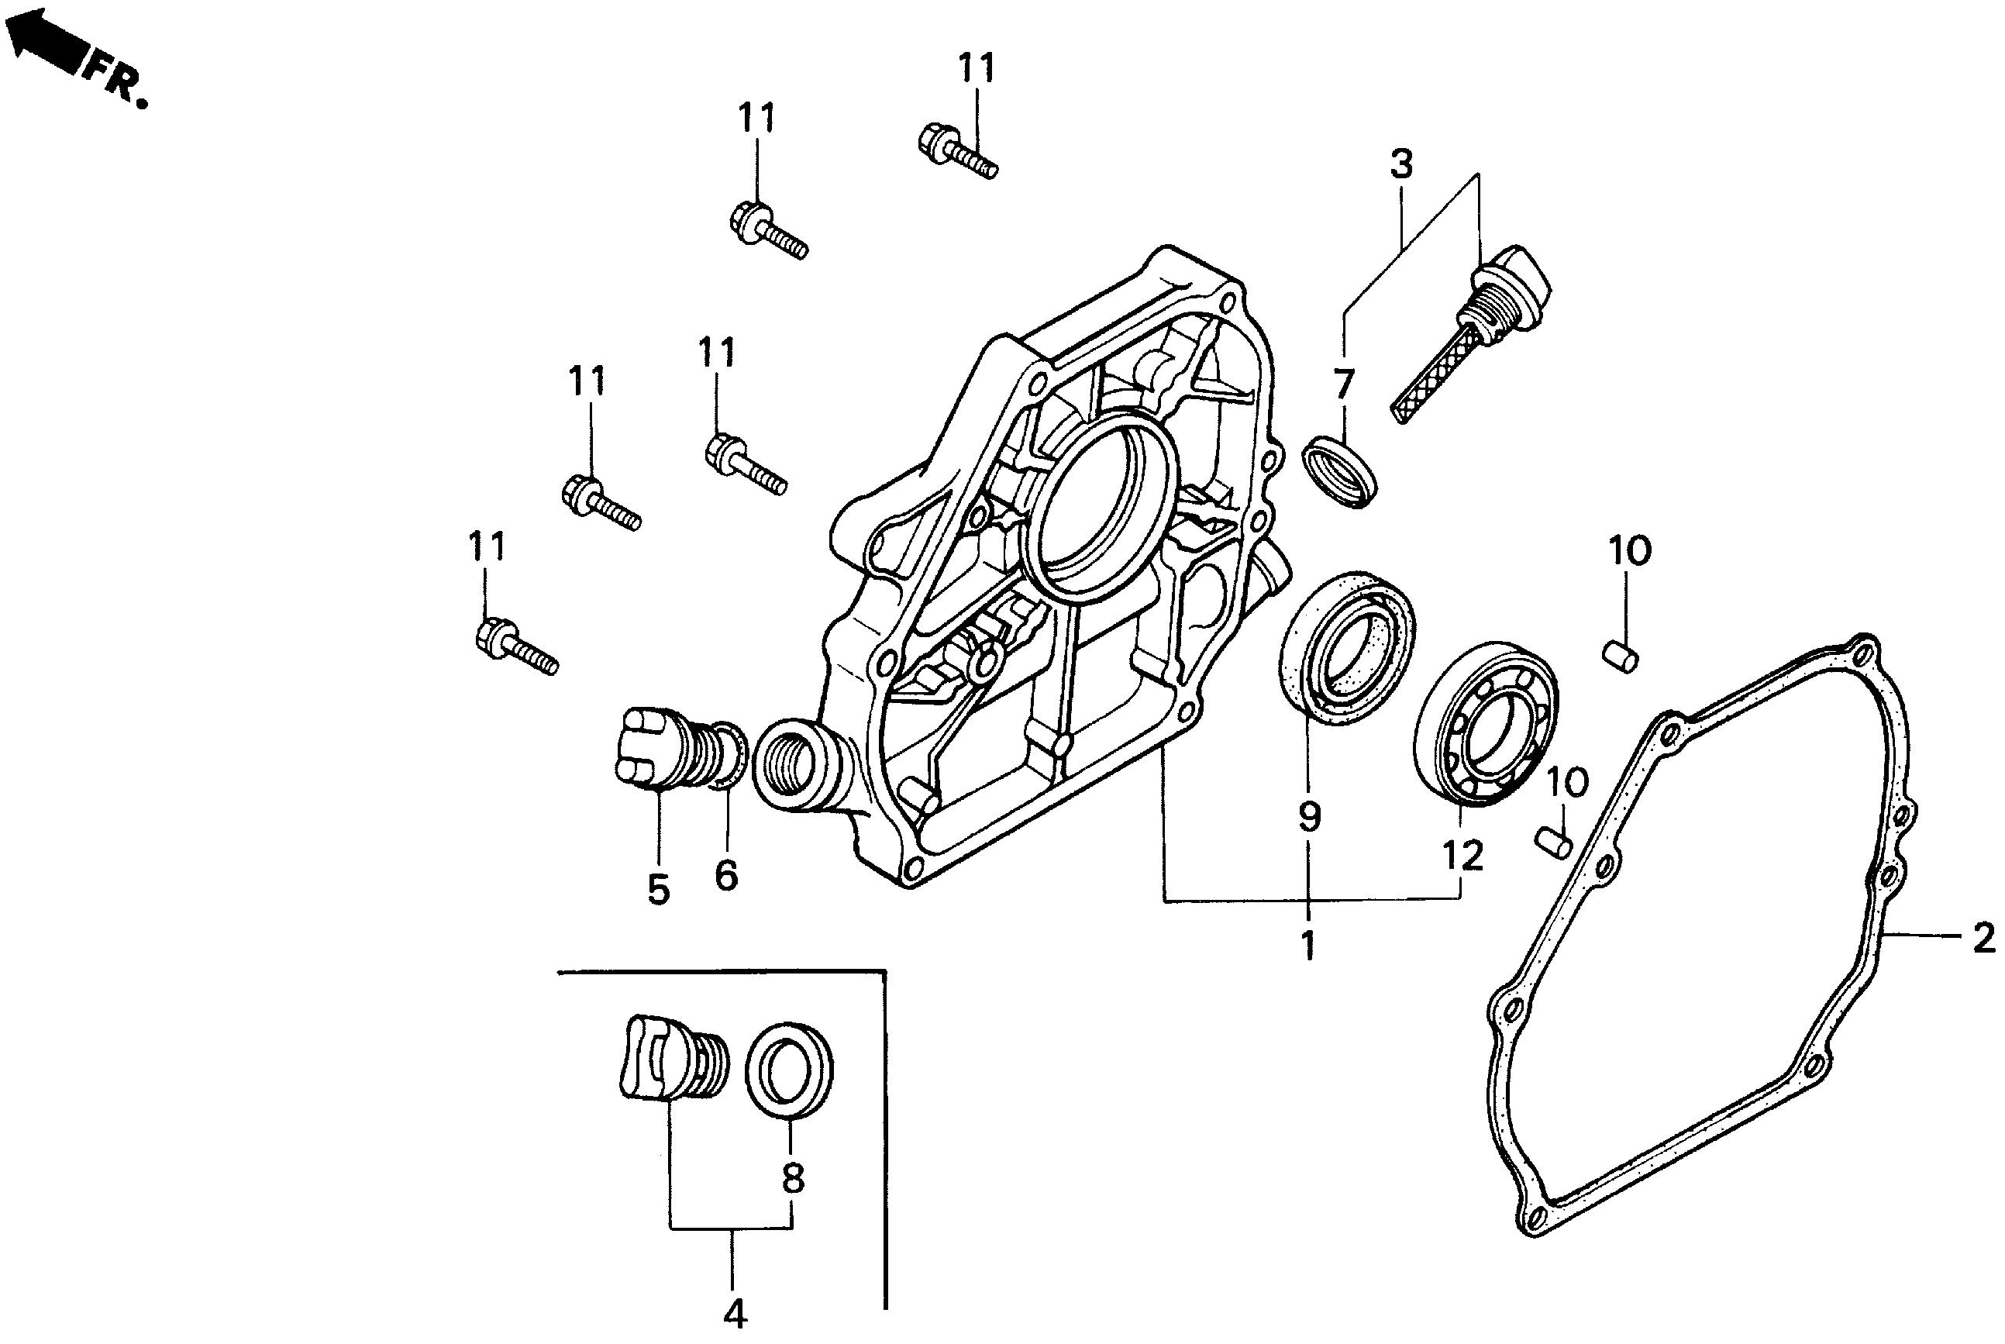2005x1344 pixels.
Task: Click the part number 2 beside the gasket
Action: click(1983, 939)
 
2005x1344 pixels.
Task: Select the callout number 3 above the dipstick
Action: click(1401, 164)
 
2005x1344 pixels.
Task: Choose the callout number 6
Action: click(725, 875)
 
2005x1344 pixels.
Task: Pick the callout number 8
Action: click(793, 1180)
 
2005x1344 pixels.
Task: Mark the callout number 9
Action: click(1308, 817)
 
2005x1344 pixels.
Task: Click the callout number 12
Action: click(1462, 856)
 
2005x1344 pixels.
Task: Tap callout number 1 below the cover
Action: click(1307, 946)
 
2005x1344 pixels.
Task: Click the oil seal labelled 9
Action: click(1347, 646)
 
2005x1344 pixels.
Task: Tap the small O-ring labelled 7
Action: click(1341, 470)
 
